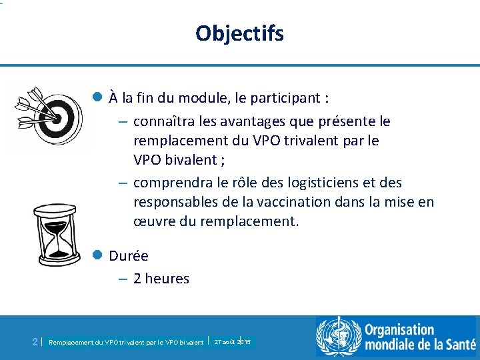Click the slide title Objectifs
click(x=240, y=33)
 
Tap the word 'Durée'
click(x=129, y=256)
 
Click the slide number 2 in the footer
click(x=35, y=341)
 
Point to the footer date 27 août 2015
click(x=232, y=341)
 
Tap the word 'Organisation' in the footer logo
click(x=399, y=330)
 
